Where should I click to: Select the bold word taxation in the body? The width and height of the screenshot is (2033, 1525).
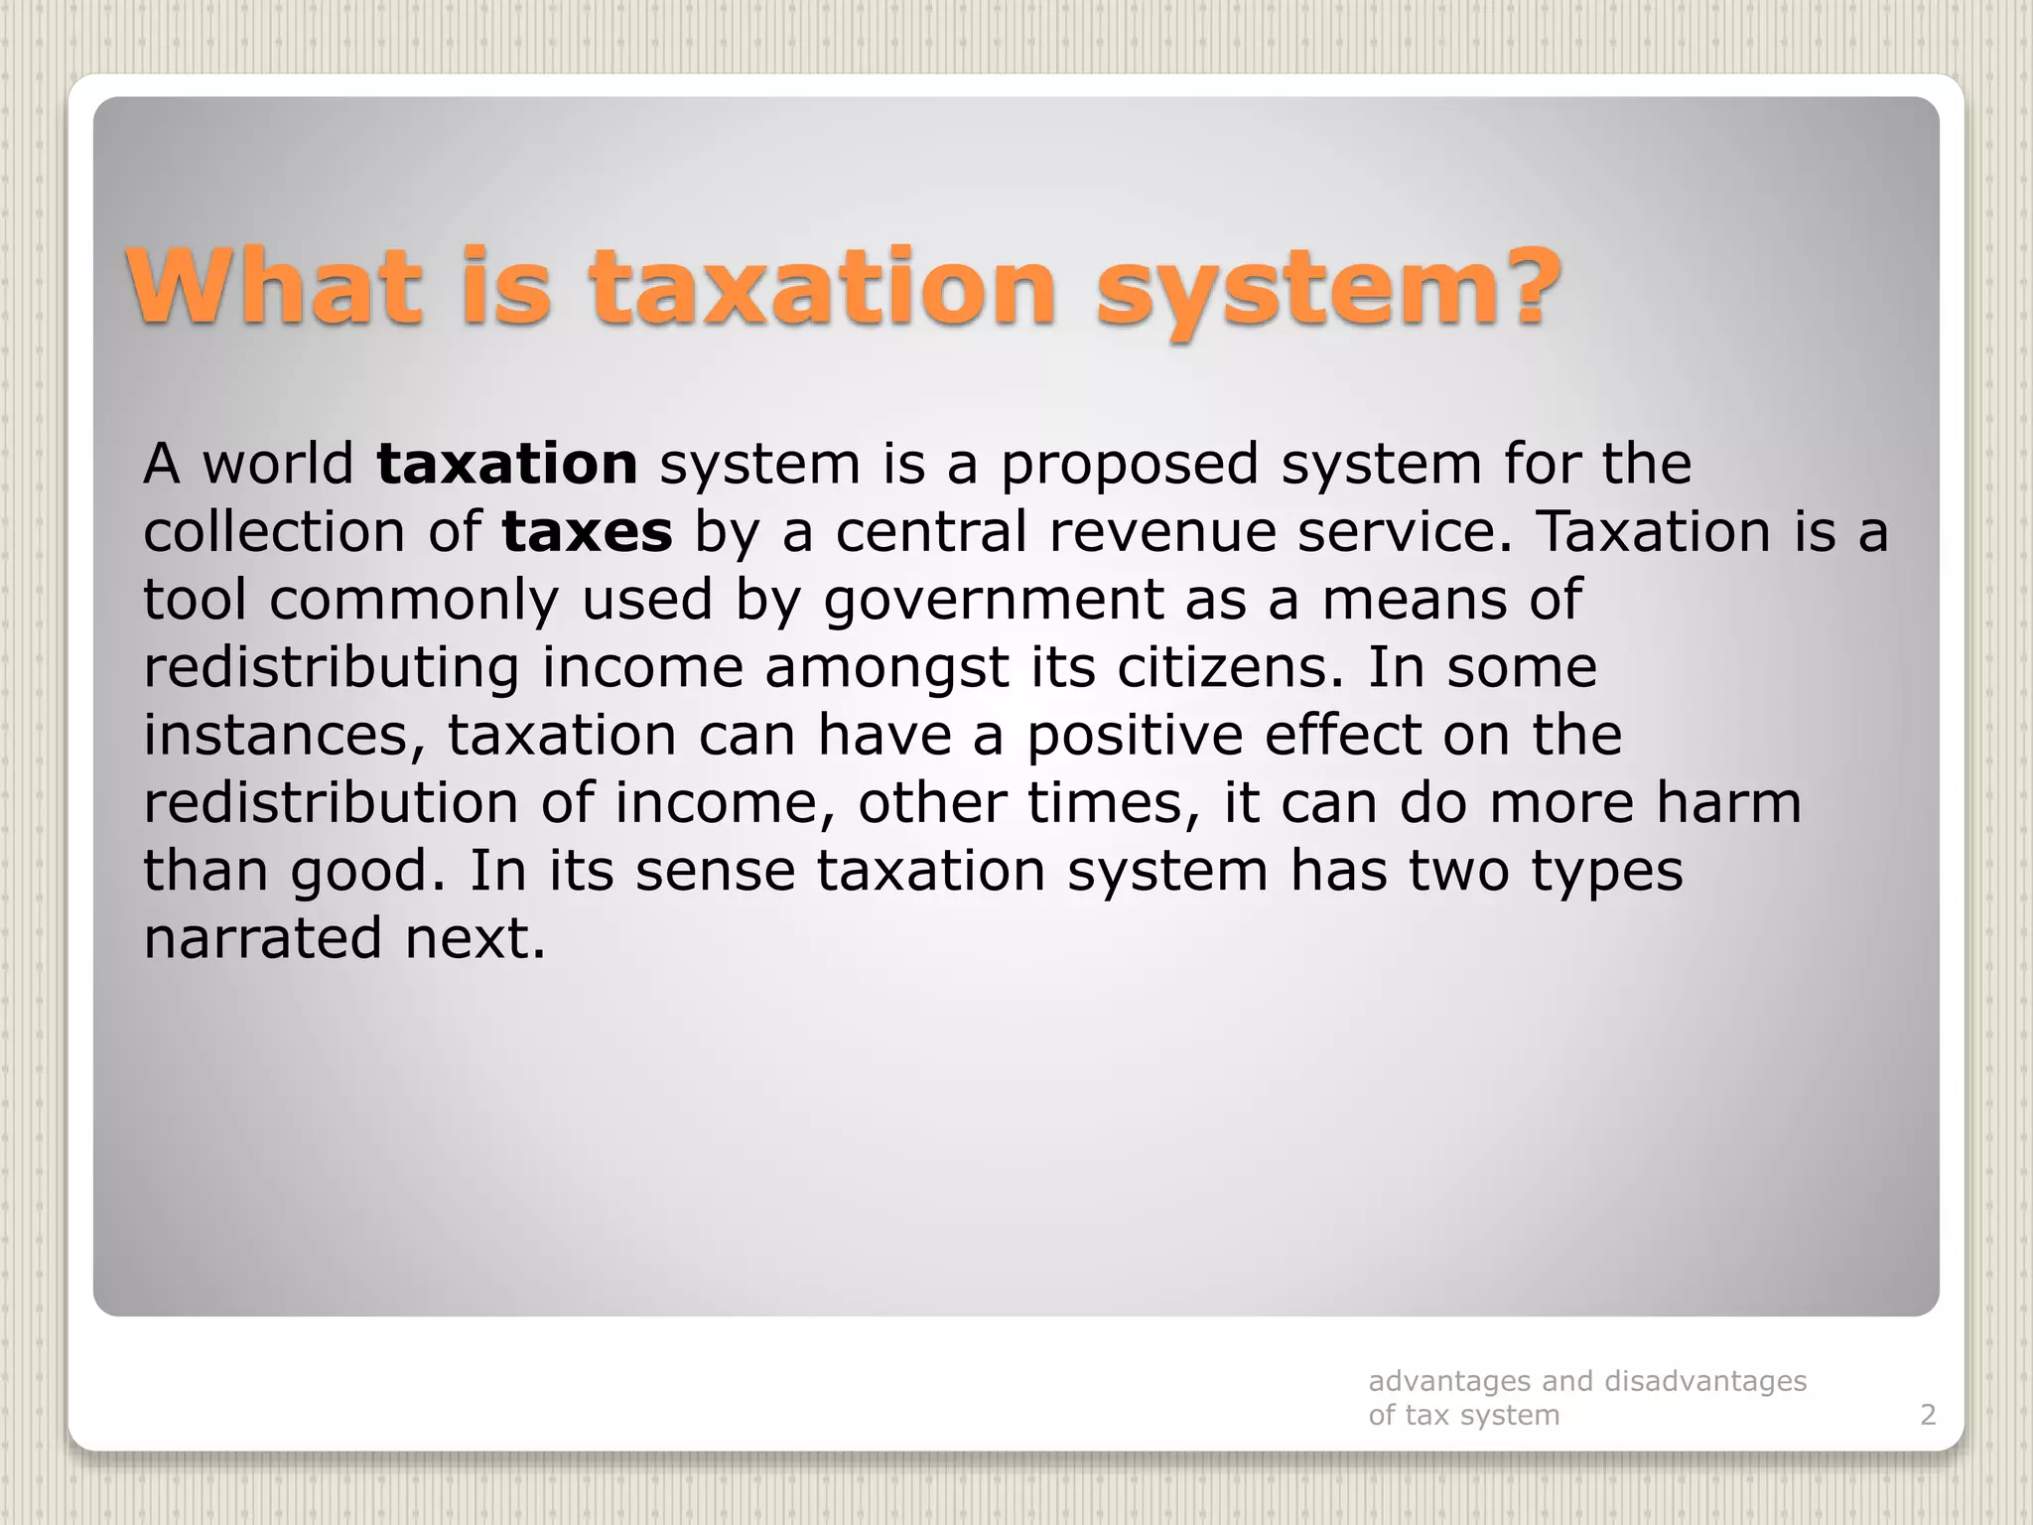(x=507, y=464)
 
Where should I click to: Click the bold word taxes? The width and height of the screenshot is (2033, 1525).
(x=587, y=531)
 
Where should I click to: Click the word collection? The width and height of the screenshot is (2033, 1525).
(x=274, y=531)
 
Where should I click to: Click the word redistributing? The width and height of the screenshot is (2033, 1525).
(x=331, y=667)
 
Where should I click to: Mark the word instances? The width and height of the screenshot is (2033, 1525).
(x=284, y=736)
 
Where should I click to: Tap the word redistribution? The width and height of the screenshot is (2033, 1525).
(x=331, y=802)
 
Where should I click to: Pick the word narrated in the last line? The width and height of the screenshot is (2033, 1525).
(x=262, y=938)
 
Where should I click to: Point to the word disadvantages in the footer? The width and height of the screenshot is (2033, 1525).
(x=1705, y=1381)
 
